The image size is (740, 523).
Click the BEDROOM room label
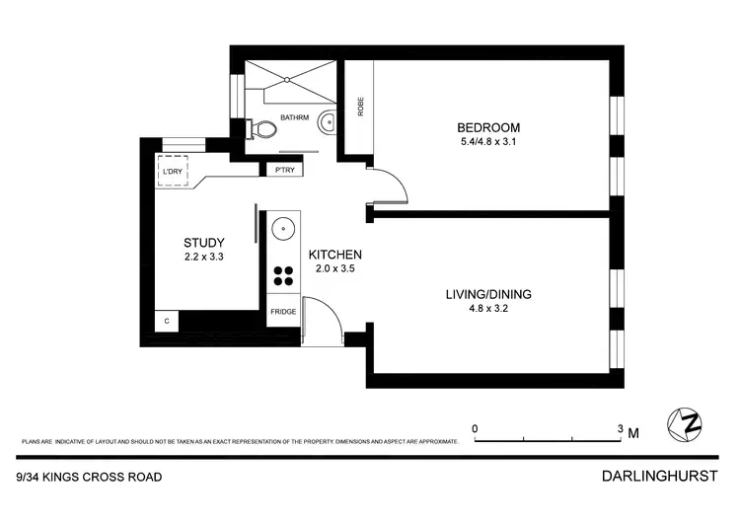pyautogui.click(x=487, y=127)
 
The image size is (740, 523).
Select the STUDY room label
pyautogui.click(x=204, y=243)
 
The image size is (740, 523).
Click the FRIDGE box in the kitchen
pyautogui.click(x=282, y=313)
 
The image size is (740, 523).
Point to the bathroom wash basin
pyautogui.click(x=331, y=122)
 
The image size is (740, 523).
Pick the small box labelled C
pyautogui.click(x=167, y=322)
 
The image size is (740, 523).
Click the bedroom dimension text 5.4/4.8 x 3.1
pyautogui.click(x=487, y=142)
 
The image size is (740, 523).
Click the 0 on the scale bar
pyautogui.click(x=476, y=428)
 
